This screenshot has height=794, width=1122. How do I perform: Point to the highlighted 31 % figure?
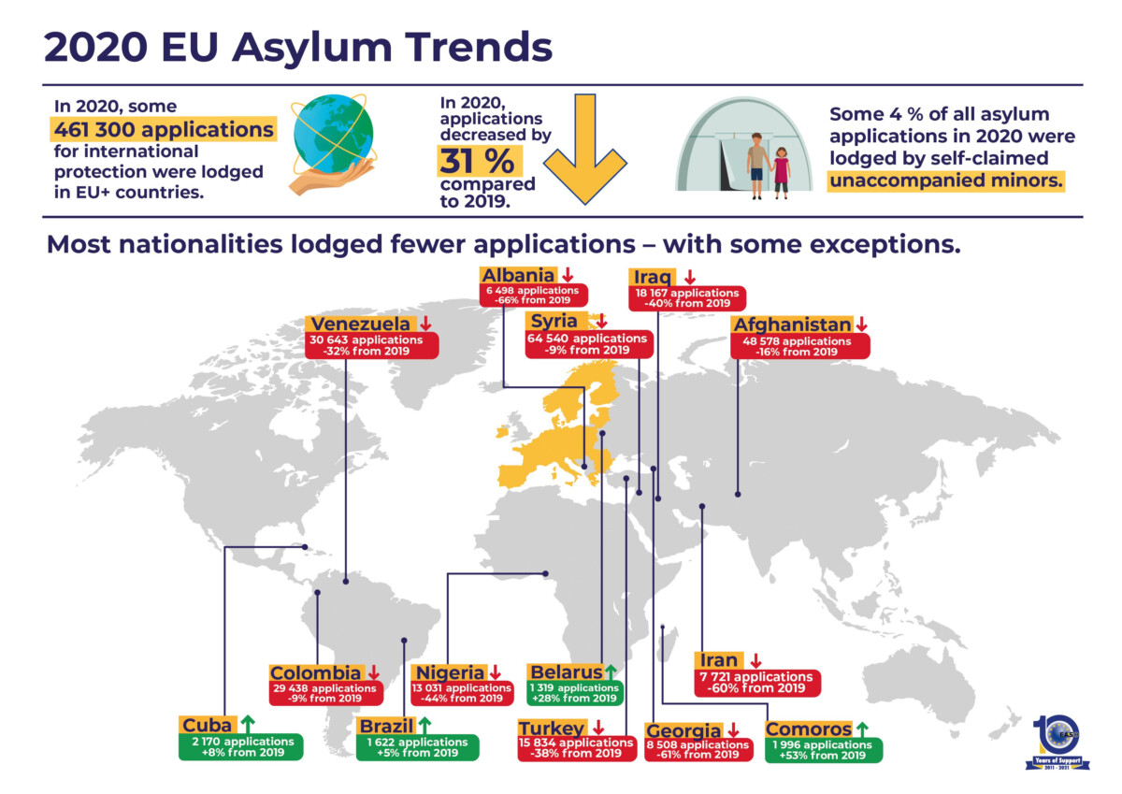[x=477, y=161]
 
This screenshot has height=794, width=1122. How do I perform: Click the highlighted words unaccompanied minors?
[x=946, y=180]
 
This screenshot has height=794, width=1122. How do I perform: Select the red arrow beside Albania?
[x=567, y=275]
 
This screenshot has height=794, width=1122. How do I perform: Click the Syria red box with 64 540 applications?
[x=587, y=344]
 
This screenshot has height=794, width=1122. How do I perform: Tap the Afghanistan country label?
[x=793, y=325]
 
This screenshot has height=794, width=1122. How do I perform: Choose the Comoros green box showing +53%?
[x=823, y=749]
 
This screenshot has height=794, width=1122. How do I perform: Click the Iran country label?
[x=718, y=660]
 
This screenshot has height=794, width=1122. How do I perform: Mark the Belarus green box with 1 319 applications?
[x=573, y=693]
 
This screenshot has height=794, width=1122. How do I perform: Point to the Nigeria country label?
[x=451, y=672]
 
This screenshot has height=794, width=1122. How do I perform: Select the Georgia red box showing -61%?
[x=698, y=749]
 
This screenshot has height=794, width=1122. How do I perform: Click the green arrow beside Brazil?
[x=424, y=724]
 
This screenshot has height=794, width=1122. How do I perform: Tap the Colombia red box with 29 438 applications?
[x=325, y=693]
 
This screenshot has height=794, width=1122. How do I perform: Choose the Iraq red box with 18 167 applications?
[x=687, y=298]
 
